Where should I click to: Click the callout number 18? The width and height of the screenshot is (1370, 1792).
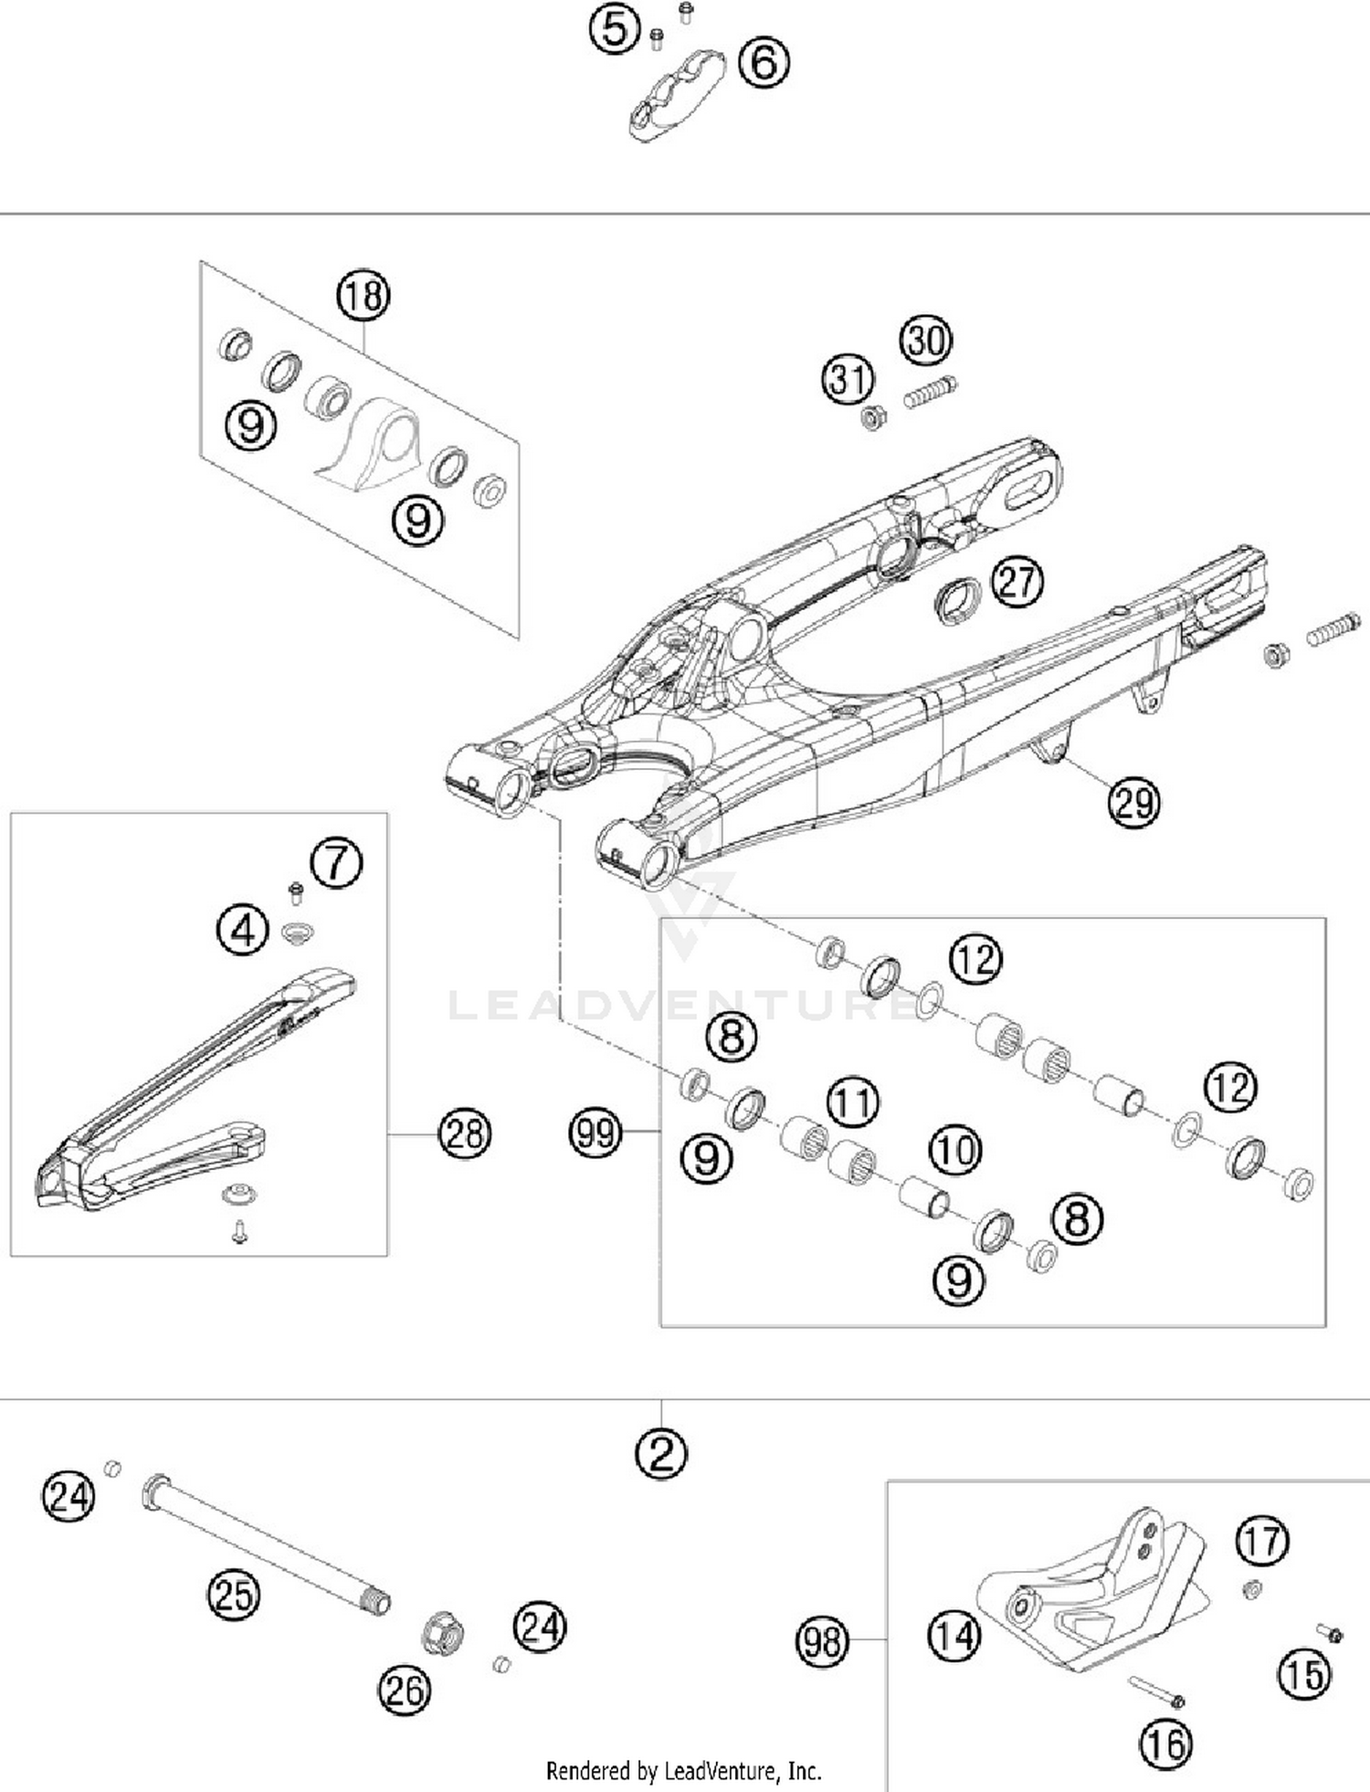(364, 296)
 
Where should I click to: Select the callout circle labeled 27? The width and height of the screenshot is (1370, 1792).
(1017, 581)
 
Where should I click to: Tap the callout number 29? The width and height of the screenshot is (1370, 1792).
(1133, 803)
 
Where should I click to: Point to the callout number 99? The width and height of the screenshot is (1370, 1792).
(595, 1133)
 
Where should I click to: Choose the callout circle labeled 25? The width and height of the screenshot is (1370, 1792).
(233, 1595)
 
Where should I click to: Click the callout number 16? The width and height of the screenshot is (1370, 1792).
(1166, 1745)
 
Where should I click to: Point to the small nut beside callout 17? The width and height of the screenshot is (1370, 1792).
(1252, 1590)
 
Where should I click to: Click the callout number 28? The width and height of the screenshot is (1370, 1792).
(465, 1133)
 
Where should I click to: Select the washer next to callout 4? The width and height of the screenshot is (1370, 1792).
(298, 933)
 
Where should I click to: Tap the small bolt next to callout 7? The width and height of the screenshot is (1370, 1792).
(295, 891)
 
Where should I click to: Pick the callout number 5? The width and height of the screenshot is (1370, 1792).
(615, 28)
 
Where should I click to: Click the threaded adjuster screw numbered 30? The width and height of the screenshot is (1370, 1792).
(931, 394)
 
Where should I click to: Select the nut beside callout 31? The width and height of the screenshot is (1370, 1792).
(872, 419)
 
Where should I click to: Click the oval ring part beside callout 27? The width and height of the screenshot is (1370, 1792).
(957, 599)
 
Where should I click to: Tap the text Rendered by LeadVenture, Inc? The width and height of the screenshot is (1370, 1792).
(683, 1771)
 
